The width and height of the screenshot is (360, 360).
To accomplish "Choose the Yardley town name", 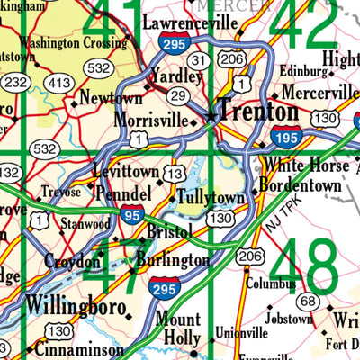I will click(x=173, y=76).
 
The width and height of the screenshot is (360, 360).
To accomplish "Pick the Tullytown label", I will click(x=211, y=196).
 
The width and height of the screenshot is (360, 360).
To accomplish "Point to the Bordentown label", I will click(x=301, y=185).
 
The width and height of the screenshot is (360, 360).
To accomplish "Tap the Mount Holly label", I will click(x=177, y=329).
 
